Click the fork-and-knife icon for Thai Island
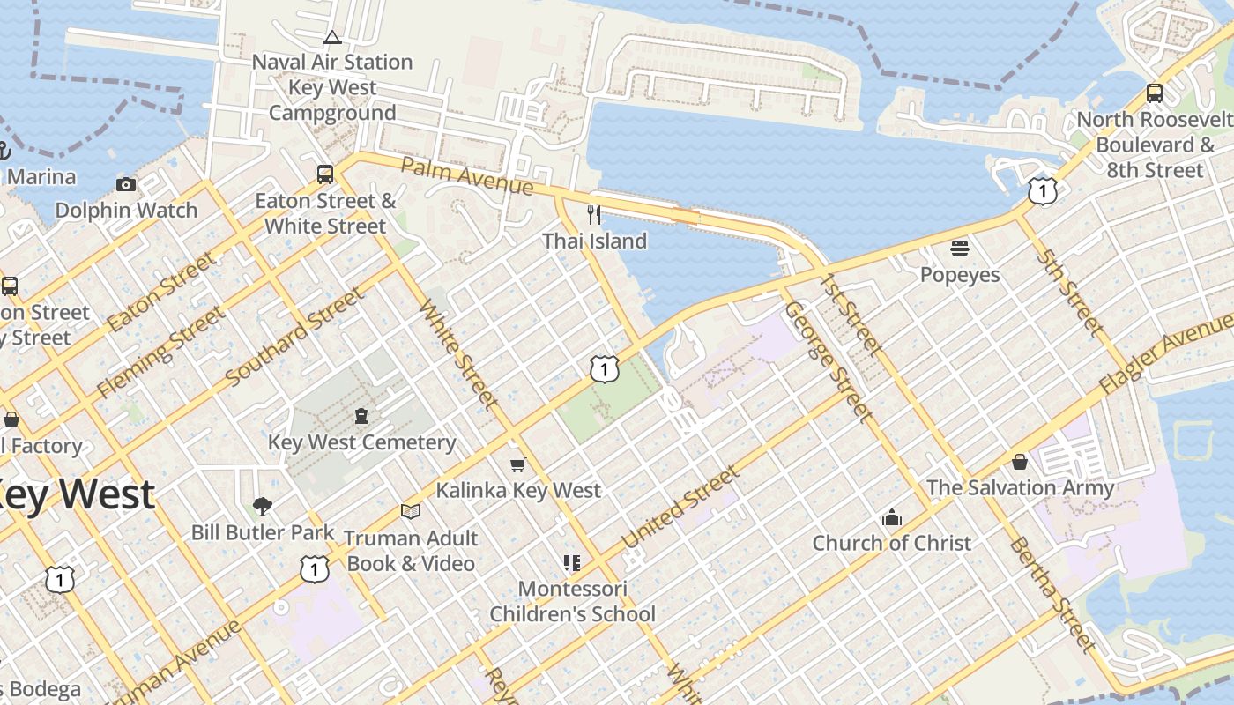[594, 214]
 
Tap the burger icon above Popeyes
[960, 249]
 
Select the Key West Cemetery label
[361, 442]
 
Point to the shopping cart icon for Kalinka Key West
[518, 464]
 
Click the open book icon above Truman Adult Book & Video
[410, 511]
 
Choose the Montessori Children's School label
[572, 601]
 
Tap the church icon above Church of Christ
[892, 517]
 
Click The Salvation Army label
[1020, 487]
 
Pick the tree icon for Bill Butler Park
[262, 506]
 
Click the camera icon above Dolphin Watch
[126, 184]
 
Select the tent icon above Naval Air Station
[331, 37]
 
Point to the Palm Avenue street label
[467, 176]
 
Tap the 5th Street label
[1070, 292]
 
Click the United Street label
[680, 508]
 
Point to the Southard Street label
[294, 336]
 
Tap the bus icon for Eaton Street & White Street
[325, 174]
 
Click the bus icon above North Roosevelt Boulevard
[1154, 93]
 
